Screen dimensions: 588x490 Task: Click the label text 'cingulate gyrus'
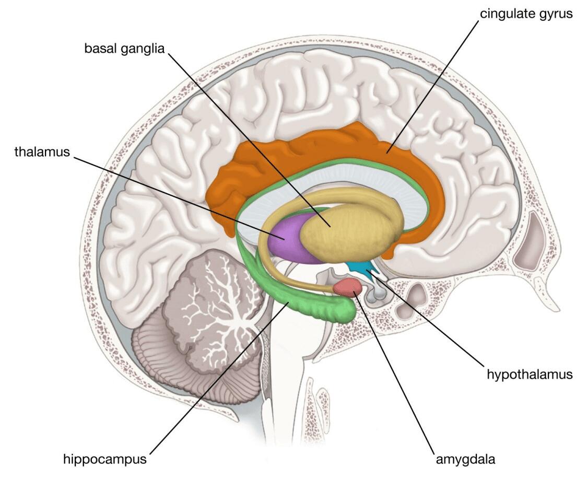point(526,14)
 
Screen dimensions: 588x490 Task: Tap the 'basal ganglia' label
point(124,49)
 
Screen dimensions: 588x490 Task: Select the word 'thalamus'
point(42,151)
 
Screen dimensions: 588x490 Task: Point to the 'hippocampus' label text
point(104,459)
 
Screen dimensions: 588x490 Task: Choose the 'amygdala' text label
point(465,459)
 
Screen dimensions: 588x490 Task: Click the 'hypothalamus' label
point(530,375)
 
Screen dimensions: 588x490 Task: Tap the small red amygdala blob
point(348,287)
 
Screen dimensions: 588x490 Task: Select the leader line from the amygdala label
point(394,371)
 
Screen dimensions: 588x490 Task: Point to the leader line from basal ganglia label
point(249,140)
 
